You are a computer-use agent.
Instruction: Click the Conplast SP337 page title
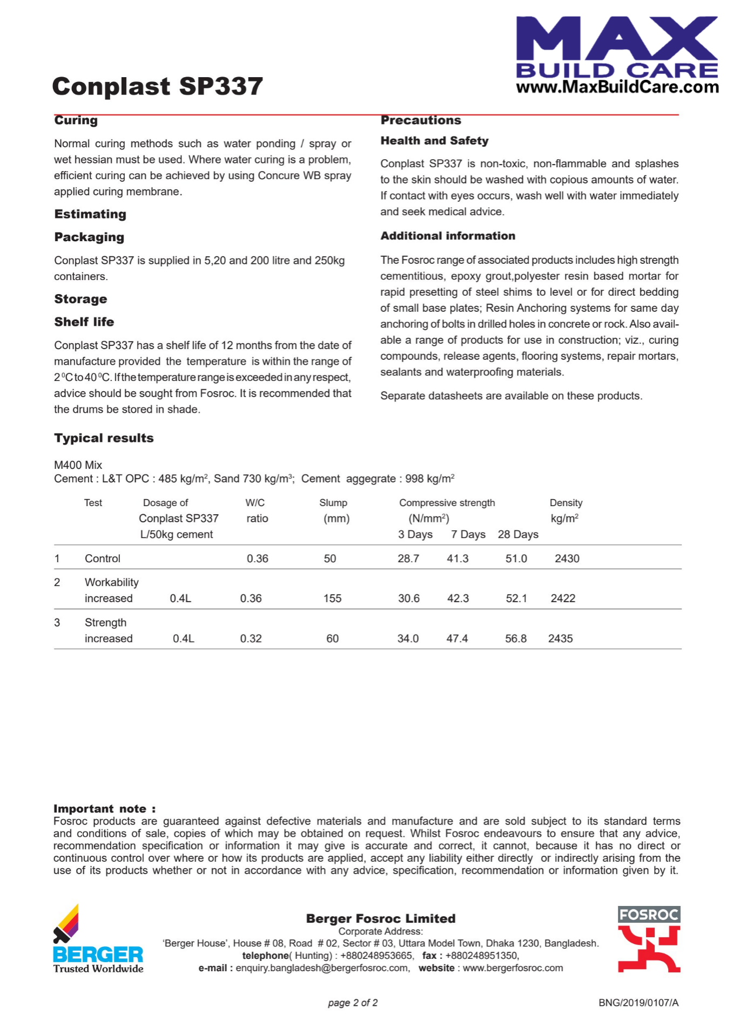pos(157,86)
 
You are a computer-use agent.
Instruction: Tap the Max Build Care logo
pos(617,55)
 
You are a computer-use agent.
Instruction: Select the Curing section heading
pos(76,120)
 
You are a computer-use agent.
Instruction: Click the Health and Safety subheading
pos(434,141)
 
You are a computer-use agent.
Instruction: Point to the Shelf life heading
pos(84,322)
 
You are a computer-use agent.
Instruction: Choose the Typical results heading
pos(104,438)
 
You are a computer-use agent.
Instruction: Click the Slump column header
pos(333,503)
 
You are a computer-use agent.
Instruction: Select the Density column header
pos(566,503)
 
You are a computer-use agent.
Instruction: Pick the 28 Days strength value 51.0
pos(516,558)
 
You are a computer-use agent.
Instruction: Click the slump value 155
pos(332,598)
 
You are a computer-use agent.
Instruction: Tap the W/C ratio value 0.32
pos(251,638)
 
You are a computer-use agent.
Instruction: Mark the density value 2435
pos(560,638)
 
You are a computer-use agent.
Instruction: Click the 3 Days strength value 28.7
pos(408,558)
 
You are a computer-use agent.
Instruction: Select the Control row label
pos(102,558)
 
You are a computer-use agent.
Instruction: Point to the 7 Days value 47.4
pos(457,638)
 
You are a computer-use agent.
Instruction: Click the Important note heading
pos(104,809)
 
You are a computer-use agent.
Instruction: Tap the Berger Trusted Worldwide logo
pos(98,939)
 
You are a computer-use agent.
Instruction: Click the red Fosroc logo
pos(649,939)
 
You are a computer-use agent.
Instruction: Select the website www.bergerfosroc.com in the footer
pos(513,968)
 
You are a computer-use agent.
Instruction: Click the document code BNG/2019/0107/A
pos(638,1003)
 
